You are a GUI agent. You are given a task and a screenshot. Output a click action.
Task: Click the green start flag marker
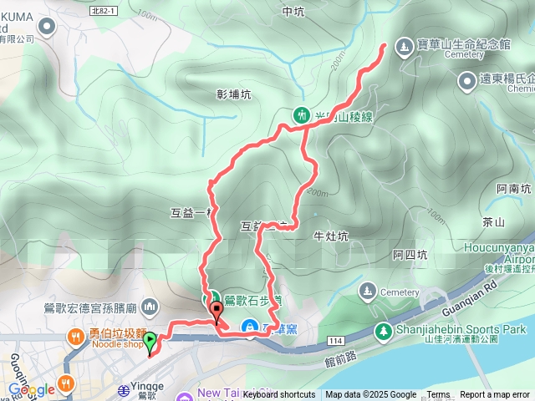click(150, 341)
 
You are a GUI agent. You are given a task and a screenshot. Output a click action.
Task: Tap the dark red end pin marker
click(217, 311)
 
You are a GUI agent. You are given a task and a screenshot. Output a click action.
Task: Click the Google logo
click(31, 389)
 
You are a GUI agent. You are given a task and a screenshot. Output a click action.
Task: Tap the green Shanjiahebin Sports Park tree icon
click(384, 331)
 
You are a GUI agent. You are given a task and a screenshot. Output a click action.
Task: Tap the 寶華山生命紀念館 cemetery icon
click(404, 46)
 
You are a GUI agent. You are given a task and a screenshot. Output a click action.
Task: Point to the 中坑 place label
click(293, 12)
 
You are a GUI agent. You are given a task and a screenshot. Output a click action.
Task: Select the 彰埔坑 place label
click(233, 95)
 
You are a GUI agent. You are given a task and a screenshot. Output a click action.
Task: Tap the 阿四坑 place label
click(410, 255)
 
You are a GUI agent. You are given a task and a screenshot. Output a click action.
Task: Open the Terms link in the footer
click(438, 395)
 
